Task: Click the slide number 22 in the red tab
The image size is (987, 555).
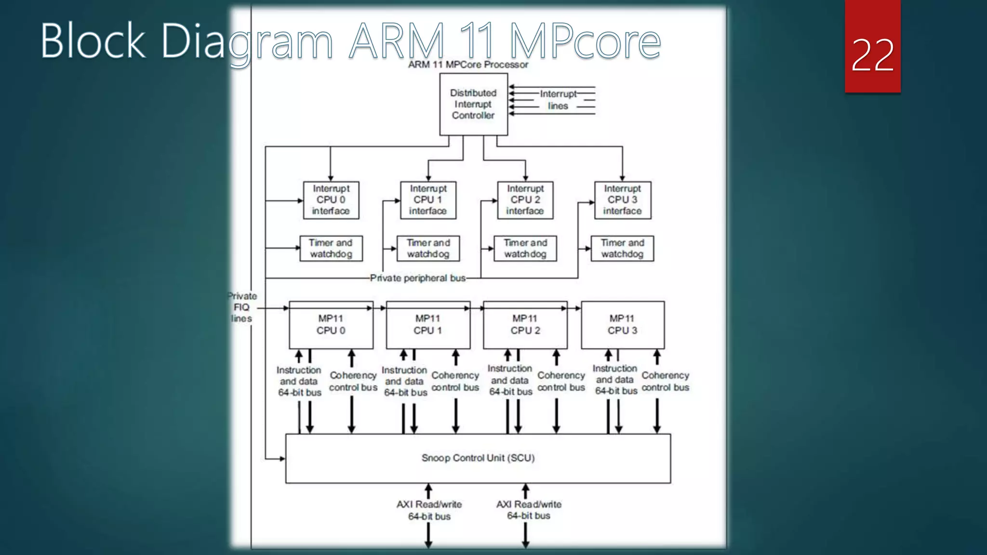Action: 872,55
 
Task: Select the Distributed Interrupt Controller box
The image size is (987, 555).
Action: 473,104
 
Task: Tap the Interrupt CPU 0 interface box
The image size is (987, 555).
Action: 331,200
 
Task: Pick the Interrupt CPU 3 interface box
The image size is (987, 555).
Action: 623,200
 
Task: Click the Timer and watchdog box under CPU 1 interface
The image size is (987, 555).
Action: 428,249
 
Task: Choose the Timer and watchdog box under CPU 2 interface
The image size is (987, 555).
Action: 525,249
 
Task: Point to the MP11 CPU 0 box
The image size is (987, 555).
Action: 331,325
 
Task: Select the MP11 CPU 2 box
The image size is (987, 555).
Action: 525,325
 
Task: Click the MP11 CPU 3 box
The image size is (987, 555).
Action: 623,325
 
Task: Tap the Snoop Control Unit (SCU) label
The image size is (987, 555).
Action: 478,458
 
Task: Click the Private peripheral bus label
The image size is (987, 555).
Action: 418,278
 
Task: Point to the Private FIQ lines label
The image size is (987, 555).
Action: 242,307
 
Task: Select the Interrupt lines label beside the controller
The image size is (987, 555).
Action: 558,100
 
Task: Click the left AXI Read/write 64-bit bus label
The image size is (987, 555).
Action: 429,510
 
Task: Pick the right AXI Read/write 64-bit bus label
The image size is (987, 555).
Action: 529,510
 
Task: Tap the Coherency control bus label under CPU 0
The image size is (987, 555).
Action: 353,381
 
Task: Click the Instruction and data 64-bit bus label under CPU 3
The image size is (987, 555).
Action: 615,380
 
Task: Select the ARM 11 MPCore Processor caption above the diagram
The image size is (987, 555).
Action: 468,65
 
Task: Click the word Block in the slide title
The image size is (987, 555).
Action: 93,41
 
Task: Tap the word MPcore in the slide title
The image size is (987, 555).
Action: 585,41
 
